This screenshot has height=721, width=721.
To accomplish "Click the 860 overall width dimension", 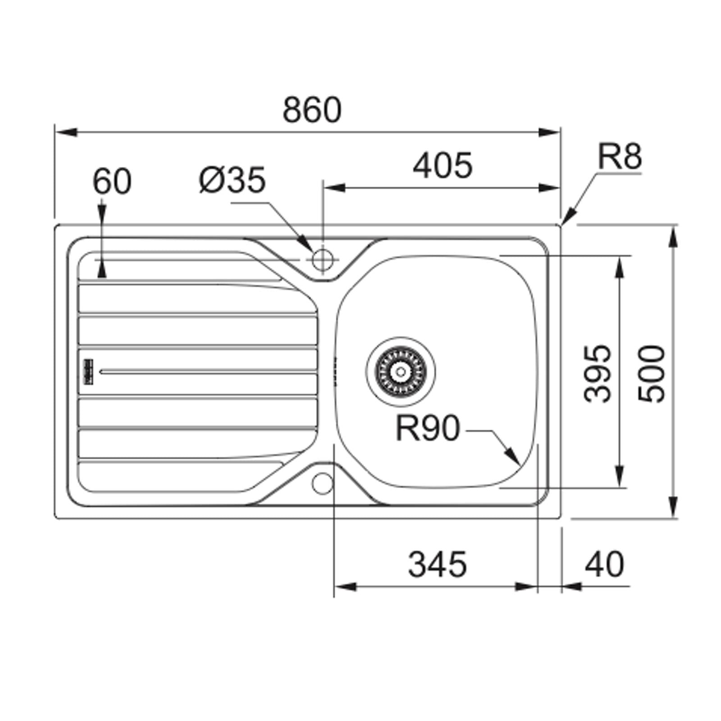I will point(312,110).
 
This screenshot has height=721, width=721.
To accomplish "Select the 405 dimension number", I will point(443,165).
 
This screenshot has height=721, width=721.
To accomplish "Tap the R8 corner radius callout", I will point(619,157).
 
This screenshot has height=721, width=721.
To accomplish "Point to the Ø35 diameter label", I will point(233,180).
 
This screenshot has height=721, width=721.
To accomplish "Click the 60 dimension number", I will point(112,182).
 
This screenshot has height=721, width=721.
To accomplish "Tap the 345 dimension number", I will point(437,564).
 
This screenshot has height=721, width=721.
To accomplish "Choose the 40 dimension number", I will point(604,564).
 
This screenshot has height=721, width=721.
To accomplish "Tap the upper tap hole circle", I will point(322,260).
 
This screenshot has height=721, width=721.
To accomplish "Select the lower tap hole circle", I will point(322,483).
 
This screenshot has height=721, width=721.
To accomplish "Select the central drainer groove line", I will point(207,372).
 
